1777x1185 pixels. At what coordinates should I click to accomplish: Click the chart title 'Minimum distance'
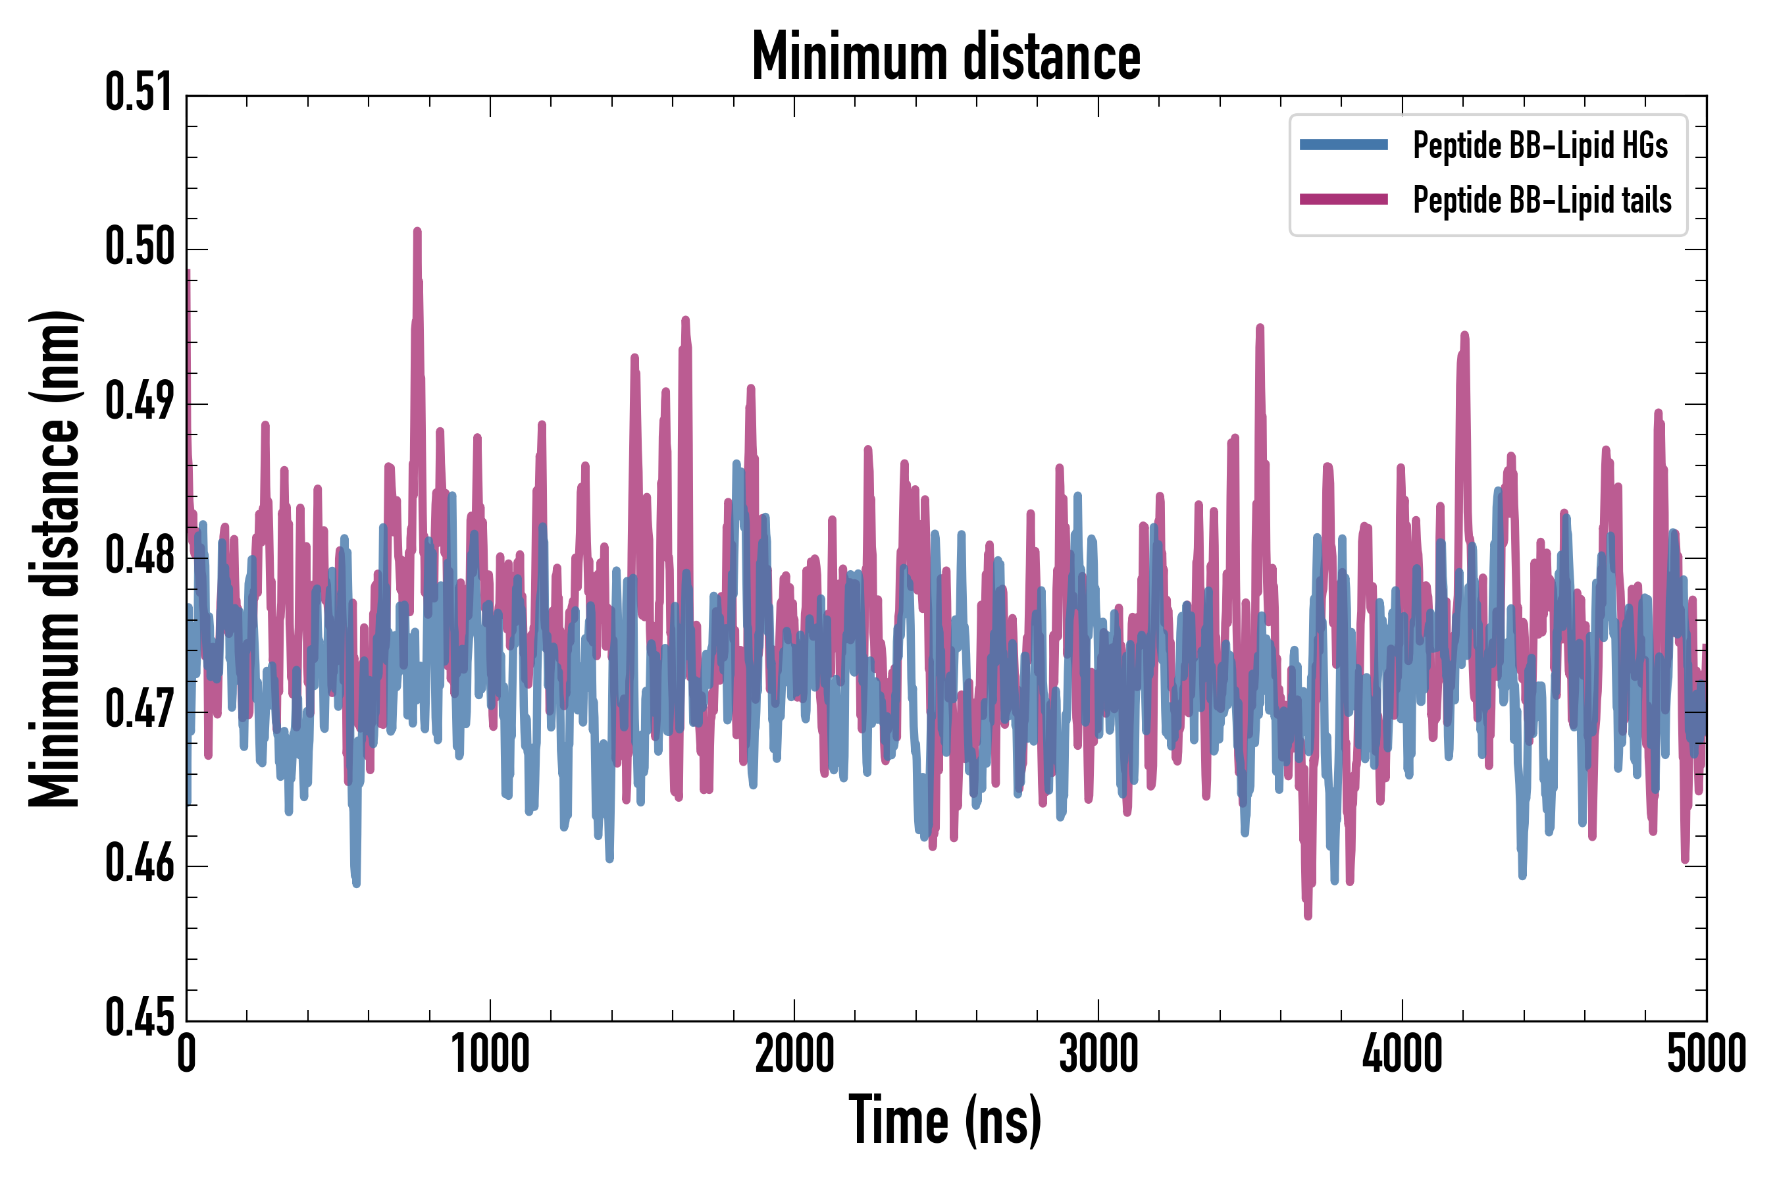tap(946, 56)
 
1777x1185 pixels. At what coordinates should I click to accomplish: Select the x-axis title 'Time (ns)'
tap(945, 1119)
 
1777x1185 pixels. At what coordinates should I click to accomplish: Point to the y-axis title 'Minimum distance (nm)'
tap(55, 558)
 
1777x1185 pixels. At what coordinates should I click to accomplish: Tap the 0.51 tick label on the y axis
tap(139, 93)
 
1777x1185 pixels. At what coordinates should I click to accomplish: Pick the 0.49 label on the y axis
tap(139, 402)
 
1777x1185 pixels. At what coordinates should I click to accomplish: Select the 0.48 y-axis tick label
tap(139, 556)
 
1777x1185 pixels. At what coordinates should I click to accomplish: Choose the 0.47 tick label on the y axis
tap(139, 710)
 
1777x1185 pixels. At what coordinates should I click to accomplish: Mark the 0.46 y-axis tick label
tap(139, 864)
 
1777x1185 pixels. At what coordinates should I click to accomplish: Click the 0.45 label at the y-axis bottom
tap(139, 1017)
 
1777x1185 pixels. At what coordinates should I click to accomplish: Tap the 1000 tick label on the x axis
tap(490, 1053)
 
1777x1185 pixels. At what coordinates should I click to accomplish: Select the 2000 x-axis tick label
tap(794, 1053)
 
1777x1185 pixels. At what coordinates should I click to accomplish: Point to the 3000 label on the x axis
tap(1098, 1053)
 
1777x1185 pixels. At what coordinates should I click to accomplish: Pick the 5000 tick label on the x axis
tap(1706, 1053)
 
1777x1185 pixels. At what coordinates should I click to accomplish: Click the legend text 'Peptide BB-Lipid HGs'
tap(1540, 145)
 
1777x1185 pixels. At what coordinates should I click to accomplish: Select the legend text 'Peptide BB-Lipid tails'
tap(1542, 200)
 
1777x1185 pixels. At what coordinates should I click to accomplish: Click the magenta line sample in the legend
tap(1343, 199)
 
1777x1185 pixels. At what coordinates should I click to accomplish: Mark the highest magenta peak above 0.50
tap(417, 230)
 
